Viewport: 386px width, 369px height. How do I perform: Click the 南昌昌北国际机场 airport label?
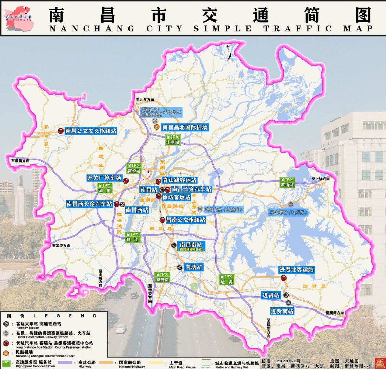click(184, 127)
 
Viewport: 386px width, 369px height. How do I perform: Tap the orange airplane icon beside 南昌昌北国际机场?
click(157, 127)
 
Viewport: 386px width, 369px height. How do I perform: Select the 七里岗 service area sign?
click(173, 140)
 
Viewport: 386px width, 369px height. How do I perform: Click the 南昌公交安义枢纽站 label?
click(91, 131)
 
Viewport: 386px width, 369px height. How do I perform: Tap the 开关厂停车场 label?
click(104, 178)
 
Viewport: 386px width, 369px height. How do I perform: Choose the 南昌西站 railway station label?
click(137, 210)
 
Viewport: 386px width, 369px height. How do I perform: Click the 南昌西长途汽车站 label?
click(89, 204)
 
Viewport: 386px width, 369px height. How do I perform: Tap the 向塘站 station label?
click(193, 267)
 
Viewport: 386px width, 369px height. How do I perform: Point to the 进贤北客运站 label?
click(296, 270)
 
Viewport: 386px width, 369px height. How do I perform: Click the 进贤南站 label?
click(282, 311)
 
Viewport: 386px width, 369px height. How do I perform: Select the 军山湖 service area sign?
click(287, 182)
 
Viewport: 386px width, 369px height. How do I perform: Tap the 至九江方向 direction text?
click(145, 100)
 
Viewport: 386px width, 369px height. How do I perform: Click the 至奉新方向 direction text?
click(20, 161)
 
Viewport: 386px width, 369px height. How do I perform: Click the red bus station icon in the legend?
click(6, 343)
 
